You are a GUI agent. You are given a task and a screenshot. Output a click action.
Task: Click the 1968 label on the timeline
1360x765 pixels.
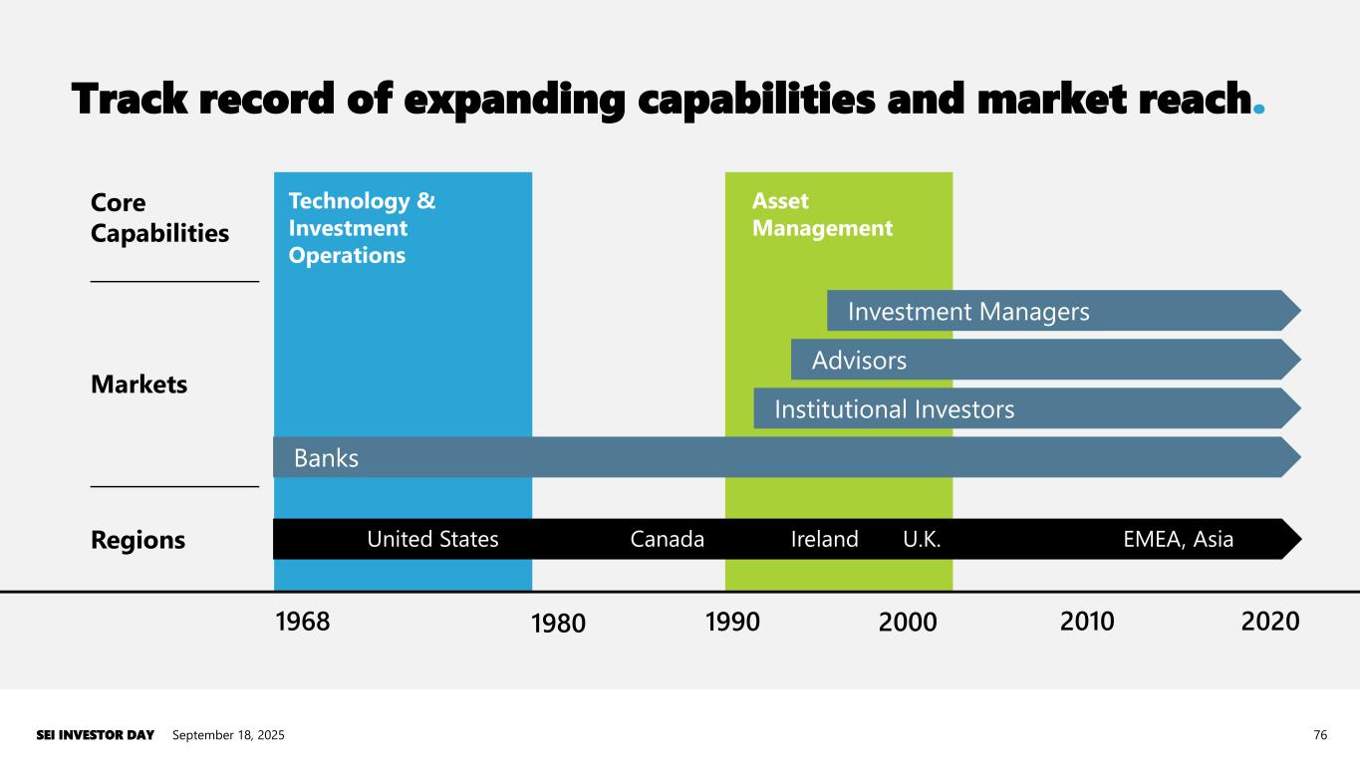302,622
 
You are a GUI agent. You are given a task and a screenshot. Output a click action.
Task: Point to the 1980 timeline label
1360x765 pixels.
558,624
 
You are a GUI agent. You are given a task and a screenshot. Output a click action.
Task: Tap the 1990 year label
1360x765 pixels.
732,622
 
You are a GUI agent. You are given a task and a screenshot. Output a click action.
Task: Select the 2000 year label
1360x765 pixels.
908,624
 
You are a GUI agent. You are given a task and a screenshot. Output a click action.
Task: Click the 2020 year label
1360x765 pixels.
1270,622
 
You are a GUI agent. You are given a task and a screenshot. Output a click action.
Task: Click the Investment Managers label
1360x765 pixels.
968,313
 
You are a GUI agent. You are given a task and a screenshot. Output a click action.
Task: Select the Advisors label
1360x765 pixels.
859,361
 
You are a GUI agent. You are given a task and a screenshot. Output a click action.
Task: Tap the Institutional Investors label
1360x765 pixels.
895,409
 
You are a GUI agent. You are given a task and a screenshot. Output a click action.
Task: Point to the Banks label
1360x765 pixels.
326,458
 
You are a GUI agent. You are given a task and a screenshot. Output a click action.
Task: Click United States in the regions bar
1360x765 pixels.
432,540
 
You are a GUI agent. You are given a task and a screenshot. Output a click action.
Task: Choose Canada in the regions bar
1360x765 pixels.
668,540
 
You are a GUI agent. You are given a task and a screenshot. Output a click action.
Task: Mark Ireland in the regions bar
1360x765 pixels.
824,540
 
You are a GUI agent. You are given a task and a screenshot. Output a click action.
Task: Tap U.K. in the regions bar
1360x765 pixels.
922,540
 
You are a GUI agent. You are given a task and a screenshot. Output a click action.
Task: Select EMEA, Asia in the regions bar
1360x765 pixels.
1178,540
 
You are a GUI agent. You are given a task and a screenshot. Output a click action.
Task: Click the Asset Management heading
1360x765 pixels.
822,215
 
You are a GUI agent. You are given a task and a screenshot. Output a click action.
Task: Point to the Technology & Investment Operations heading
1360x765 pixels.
362,228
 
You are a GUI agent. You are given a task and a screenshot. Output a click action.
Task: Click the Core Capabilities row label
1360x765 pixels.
159,218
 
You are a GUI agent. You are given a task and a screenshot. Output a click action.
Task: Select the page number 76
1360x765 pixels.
1320,735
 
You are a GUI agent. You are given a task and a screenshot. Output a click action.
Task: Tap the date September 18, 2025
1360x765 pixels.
228,735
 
